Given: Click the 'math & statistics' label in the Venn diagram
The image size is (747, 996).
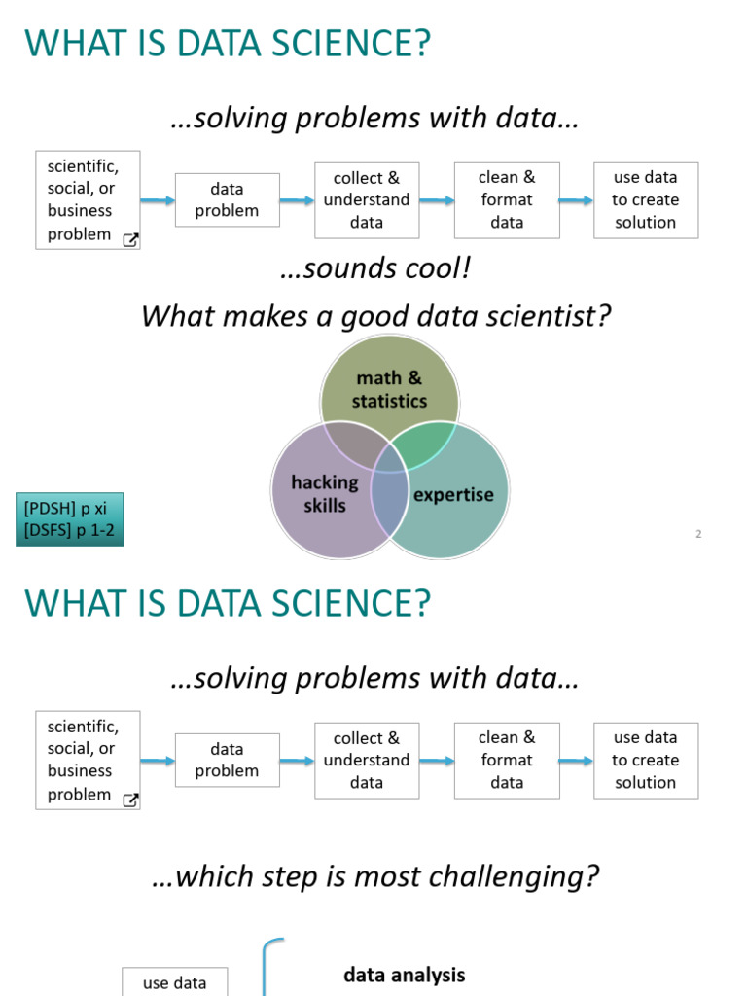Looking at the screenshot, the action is pyautogui.click(x=389, y=389).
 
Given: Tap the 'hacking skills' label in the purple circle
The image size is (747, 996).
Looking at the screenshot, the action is pyautogui.click(x=324, y=493).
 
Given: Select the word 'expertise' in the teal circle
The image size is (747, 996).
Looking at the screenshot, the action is pyautogui.click(x=453, y=495).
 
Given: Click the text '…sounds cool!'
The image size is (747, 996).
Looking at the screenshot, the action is pyautogui.click(x=374, y=268).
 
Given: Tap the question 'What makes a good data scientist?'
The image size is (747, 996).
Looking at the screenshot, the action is pyautogui.click(x=374, y=316).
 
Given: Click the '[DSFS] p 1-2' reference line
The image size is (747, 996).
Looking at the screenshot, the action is pyautogui.click(x=67, y=531).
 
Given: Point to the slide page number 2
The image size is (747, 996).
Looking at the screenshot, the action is pyautogui.click(x=698, y=534).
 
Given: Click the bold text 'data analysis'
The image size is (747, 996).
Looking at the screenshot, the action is pyautogui.click(x=405, y=975).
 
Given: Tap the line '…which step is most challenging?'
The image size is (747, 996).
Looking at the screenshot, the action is pyautogui.click(x=374, y=876).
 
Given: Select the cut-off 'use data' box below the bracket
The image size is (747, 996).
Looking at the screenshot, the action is pyautogui.click(x=175, y=982).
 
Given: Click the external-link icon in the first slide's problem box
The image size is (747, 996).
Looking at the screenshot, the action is pyautogui.click(x=130, y=240).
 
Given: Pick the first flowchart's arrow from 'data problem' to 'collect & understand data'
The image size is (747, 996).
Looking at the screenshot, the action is pyautogui.click(x=298, y=200).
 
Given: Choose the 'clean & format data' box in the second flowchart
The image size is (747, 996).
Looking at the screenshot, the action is pyautogui.click(x=507, y=760).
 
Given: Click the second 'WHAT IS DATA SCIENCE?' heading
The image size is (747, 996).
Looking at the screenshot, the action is pyautogui.click(x=227, y=604).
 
